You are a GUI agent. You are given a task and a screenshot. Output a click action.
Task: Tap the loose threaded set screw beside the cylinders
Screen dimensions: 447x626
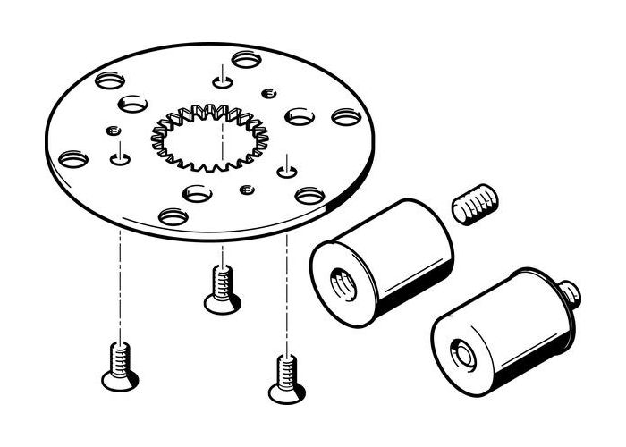point(475,204)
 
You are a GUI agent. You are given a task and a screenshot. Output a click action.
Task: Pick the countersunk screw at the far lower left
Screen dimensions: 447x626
point(118,367)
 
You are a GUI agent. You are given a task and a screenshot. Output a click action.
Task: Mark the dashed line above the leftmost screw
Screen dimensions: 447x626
point(118,277)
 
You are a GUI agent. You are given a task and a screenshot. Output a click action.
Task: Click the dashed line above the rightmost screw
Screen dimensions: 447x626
point(286,295)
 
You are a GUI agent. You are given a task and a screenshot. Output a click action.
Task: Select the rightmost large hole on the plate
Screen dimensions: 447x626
point(345,116)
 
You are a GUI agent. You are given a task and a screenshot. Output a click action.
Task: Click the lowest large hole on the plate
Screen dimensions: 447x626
point(173,215)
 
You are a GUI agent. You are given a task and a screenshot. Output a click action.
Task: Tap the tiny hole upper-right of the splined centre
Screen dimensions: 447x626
point(266,92)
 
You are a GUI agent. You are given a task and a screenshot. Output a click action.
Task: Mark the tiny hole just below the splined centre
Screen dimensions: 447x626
point(247,189)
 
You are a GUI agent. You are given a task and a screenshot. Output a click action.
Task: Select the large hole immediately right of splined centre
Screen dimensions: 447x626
point(299,115)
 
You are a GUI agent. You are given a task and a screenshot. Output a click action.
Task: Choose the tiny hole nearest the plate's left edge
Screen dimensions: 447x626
point(112,131)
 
